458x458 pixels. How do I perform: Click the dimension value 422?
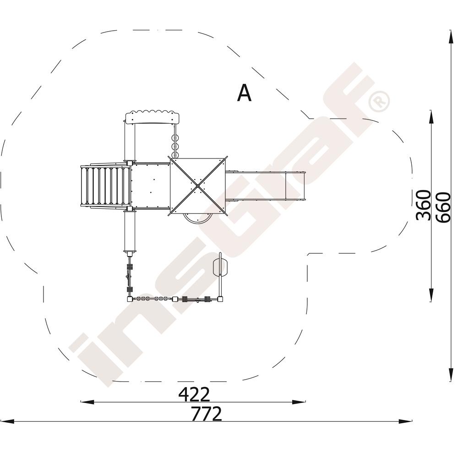(x=194, y=394)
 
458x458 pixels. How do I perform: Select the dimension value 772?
(x=206, y=414)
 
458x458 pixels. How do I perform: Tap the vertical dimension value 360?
(x=424, y=205)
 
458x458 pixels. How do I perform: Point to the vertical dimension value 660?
(x=443, y=207)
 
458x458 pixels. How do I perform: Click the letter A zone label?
(x=244, y=93)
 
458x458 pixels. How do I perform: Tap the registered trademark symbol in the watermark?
(x=379, y=101)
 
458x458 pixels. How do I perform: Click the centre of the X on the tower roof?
(x=198, y=186)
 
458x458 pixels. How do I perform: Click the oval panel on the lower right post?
(x=220, y=266)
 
